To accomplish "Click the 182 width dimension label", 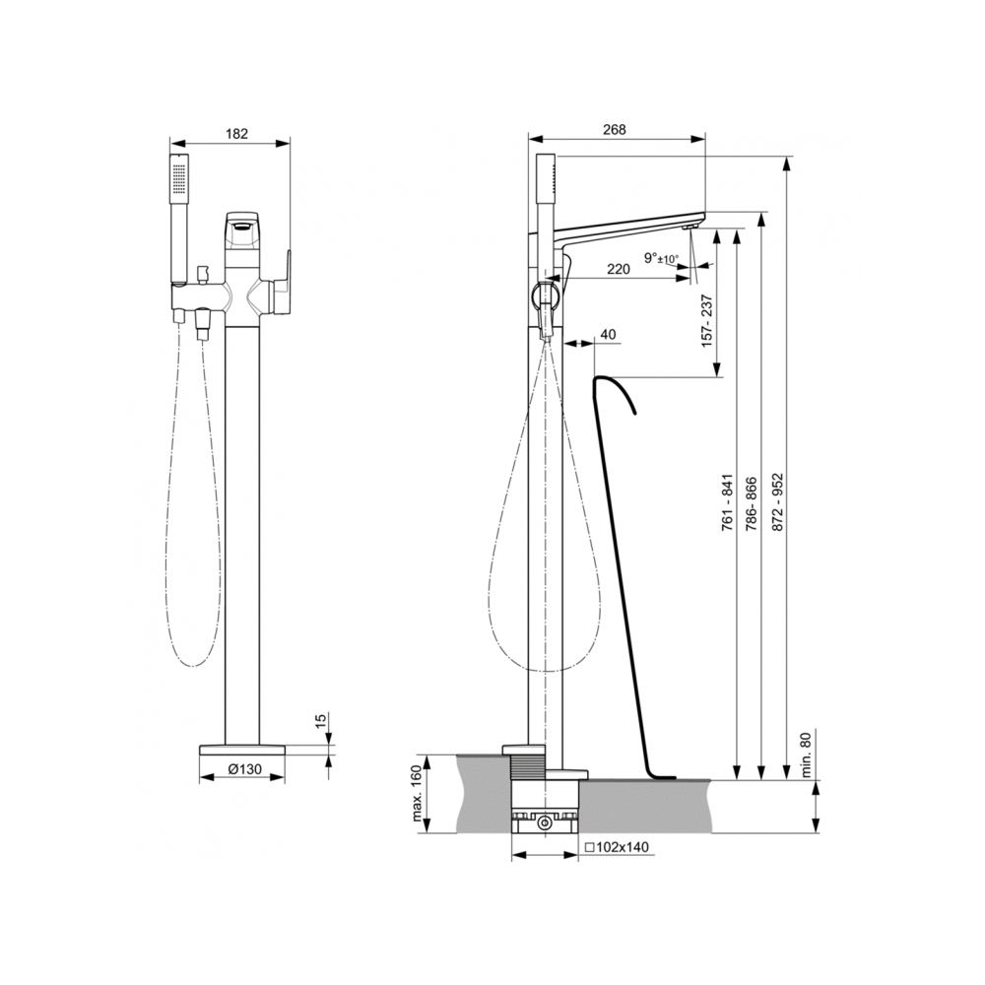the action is [x=236, y=134].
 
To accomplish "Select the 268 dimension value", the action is [x=615, y=129].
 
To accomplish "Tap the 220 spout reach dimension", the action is [x=619, y=270].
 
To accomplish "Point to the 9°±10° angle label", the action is [x=662, y=258].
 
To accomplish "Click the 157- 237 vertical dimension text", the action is [x=708, y=320].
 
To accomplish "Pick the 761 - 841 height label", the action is [x=728, y=502].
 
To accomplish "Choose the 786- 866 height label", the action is [x=752, y=504].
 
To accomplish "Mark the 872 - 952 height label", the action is [x=778, y=502].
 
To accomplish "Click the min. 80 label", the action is [x=807, y=754].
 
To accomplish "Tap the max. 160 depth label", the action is [x=419, y=794].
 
